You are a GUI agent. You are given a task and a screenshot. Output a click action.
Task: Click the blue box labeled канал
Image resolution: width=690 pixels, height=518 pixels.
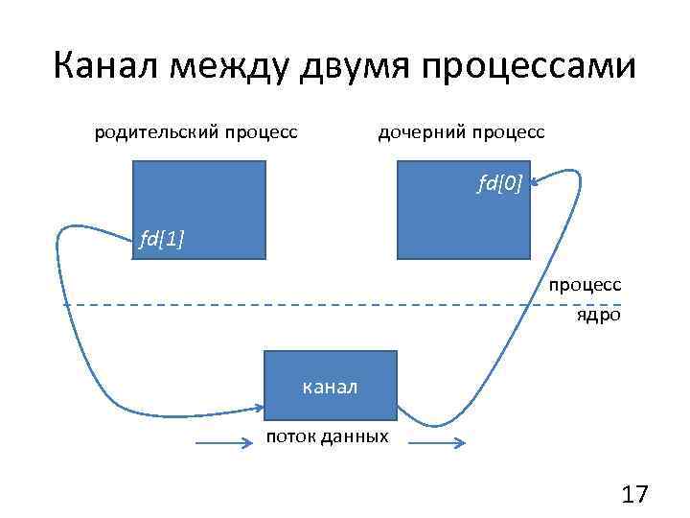pyautogui.click(x=330, y=385)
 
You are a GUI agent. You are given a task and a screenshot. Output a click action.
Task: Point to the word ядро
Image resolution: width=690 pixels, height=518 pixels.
pyautogui.click(x=598, y=314)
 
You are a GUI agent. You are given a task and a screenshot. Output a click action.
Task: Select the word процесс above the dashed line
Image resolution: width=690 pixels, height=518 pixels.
pyautogui.click(x=585, y=285)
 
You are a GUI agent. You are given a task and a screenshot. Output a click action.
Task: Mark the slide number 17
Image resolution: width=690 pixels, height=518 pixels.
pyautogui.click(x=634, y=495)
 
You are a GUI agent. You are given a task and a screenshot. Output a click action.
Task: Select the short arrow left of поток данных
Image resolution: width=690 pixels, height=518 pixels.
pyautogui.click(x=223, y=443)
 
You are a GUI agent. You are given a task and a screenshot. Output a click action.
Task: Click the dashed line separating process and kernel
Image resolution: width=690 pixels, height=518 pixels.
pyautogui.click(x=316, y=304)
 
